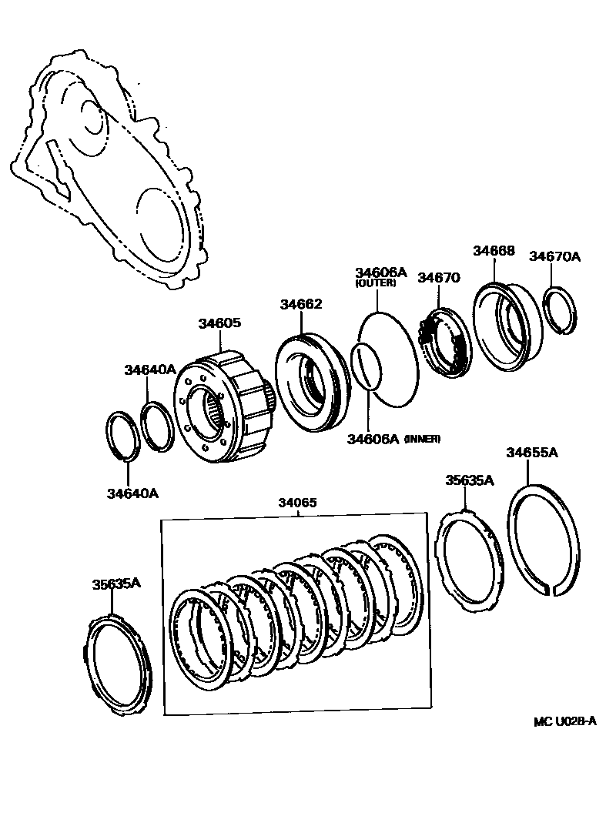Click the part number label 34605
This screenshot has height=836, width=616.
(x=219, y=323)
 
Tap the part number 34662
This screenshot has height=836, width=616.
(x=301, y=305)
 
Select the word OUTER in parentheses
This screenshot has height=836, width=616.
(x=375, y=283)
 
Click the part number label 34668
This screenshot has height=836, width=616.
(x=493, y=251)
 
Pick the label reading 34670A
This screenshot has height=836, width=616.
(x=554, y=256)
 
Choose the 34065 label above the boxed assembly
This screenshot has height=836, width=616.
(x=297, y=503)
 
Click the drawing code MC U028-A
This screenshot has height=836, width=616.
(x=565, y=721)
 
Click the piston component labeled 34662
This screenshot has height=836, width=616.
(x=308, y=377)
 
